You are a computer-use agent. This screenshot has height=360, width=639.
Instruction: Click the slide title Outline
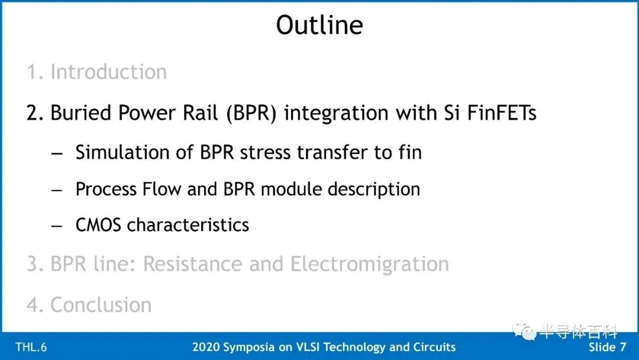(x=319, y=25)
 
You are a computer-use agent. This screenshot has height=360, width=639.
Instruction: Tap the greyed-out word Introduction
(x=108, y=72)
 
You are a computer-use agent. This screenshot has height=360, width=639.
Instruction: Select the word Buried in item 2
(x=80, y=113)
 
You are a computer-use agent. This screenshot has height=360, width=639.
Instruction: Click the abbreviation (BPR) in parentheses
(x=251, y=113)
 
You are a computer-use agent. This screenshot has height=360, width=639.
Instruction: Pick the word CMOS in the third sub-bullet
(x=98, y=225)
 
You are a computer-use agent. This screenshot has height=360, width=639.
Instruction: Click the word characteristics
(x=188, y=225)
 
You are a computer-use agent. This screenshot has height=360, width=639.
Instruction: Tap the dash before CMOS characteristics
(x=57, y=226)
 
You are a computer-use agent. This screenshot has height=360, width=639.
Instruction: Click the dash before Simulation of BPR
(x=57, y=154)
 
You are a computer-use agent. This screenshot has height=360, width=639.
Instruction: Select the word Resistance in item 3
(x=192, y=263)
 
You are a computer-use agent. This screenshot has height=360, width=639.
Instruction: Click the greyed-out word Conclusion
(x=101, y=304)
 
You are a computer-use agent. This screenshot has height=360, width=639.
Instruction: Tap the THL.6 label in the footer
(x=31, y=348)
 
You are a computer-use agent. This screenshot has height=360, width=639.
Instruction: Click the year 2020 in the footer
(x=206, y=347)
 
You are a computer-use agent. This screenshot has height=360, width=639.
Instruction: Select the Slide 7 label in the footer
(x=607, y=347)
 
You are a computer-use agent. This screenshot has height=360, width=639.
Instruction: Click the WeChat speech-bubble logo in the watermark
(x=524, y=332)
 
